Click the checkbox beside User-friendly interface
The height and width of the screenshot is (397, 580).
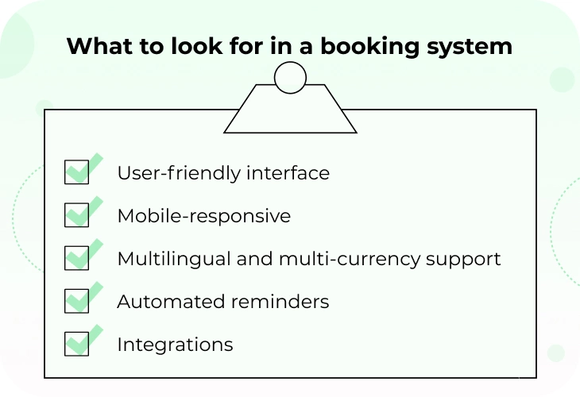click(x=76, y=172)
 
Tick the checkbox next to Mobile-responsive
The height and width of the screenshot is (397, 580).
click(x=76, y=214)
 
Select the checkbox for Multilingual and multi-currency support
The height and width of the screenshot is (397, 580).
click(x=76, y=257)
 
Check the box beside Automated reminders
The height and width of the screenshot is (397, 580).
click(x=76, y=301)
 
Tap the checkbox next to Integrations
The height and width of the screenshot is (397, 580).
click(x=76, y=344)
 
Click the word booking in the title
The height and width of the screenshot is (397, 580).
click(x=369, y=47)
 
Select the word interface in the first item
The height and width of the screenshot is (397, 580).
click(x=288, y=172)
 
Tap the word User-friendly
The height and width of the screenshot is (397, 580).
click(x=179, y=173)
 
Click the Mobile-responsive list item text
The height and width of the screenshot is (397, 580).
click(x=204, y=215)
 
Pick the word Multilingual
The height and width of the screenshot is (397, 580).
click(x=174, y=259)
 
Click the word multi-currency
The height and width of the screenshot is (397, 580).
click(x=350, y=259)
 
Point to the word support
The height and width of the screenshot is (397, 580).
click(x=463, y=260)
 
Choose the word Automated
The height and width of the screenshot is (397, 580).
click(x=171, y=302)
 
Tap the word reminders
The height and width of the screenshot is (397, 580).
click(x=280, y=301)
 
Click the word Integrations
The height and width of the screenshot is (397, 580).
click(x=175, y=345)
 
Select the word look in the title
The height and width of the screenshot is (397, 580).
click(x=197, y=46)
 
